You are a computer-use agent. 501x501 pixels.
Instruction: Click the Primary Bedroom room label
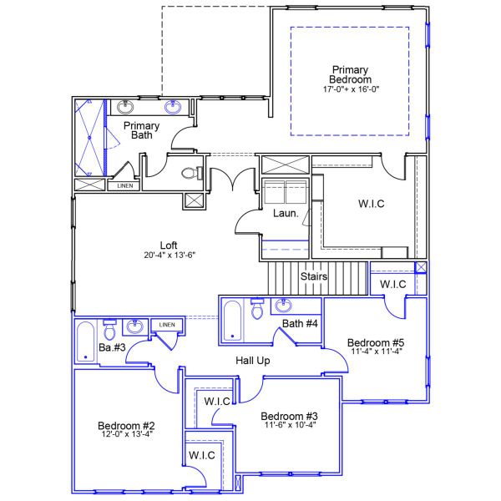pos(349,74)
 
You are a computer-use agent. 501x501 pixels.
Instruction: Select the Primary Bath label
pos(141,132)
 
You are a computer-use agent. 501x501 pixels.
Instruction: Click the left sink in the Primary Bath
pos(126,107)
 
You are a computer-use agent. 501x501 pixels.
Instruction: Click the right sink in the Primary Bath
pos(174,107)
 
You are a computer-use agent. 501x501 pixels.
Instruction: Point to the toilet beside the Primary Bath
pos(190,174)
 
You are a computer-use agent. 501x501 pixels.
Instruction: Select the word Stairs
pos(314,276)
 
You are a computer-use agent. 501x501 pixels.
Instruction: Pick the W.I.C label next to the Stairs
pos(392,285)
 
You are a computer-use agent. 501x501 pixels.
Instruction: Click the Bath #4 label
pos(299,324)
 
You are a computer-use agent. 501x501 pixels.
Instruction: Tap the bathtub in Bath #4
pos(233,321)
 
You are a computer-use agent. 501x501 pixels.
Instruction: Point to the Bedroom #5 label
pos(375,342)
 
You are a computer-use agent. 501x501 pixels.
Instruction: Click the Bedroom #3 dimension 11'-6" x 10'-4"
pos(288,426)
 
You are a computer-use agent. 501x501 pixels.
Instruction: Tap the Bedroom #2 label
pos(126,426)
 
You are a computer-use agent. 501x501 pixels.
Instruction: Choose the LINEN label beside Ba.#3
pos(166,325)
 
